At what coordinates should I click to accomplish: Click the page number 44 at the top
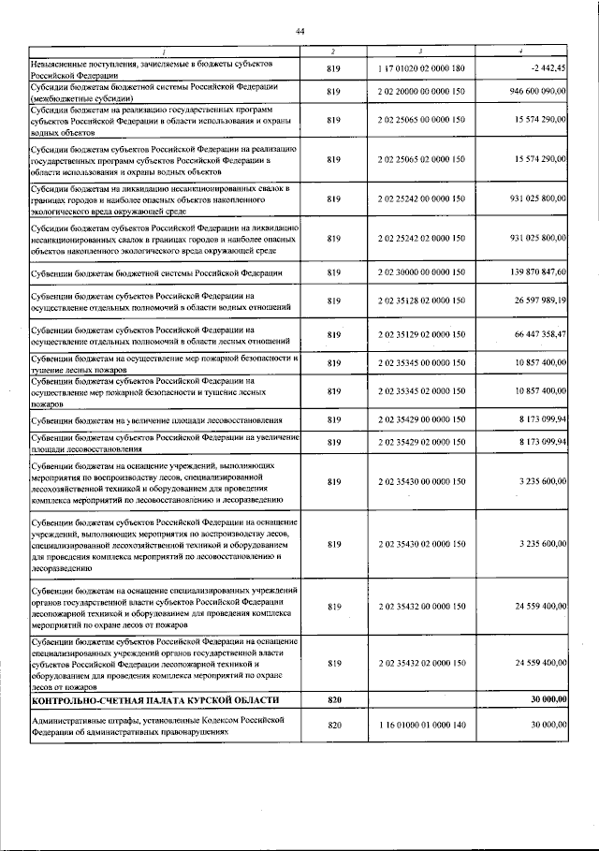coord(299,32)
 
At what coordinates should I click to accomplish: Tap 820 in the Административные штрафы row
coord(333,725)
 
